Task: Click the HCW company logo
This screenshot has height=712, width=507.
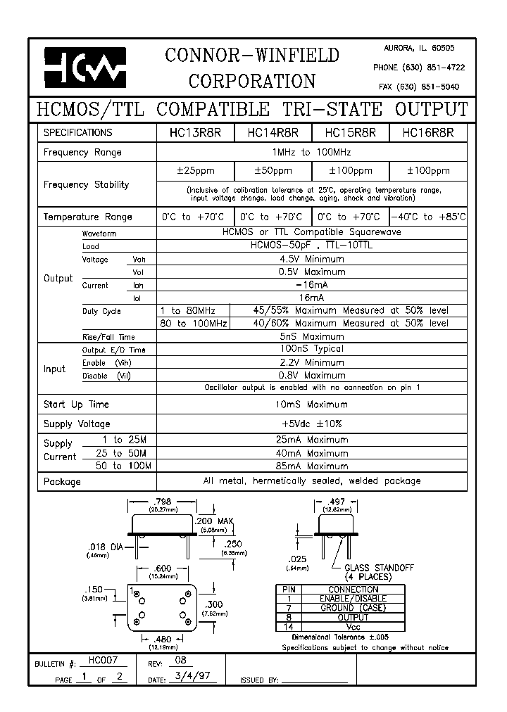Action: [x=85, y=67]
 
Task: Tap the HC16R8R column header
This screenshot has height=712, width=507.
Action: [x=427, y=132]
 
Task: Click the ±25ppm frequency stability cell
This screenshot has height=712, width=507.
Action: [x=194, y=171]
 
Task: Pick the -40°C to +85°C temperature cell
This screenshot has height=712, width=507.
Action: [x=427, y=217]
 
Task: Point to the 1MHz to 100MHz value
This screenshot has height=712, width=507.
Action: [x=311, y=152]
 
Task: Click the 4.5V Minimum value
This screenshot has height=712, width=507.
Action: [x=311, y=259]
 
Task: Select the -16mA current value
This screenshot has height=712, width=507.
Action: [x=311, y=285]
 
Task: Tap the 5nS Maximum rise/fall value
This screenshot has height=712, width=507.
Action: [x=311, y=336]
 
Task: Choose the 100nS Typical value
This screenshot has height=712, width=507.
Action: [x=311, y=349]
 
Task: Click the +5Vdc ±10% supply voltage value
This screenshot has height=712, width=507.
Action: [x=311, y=424]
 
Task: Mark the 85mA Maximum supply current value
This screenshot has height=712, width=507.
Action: [x=311, y=466]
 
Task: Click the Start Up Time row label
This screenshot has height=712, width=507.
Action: [x=77, y=405]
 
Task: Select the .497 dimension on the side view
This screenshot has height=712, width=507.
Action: [x=337, y=502]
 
